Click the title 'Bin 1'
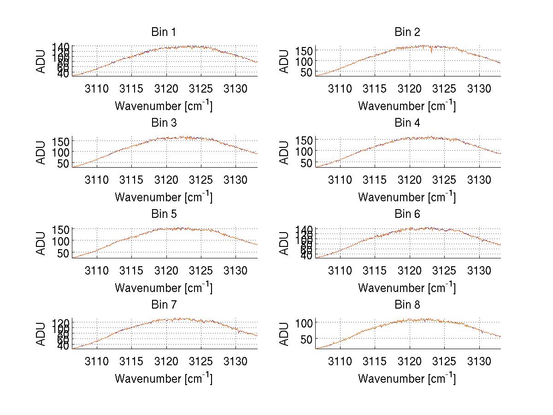pos(164,32)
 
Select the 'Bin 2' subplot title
pos(407,32)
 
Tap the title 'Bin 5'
pos(164,214)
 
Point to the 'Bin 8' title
pos(407,305)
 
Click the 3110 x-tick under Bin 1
pos(97,89)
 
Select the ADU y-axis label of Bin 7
pos(41,333)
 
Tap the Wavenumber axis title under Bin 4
pos(407,197)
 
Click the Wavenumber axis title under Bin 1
pos(164,105)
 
